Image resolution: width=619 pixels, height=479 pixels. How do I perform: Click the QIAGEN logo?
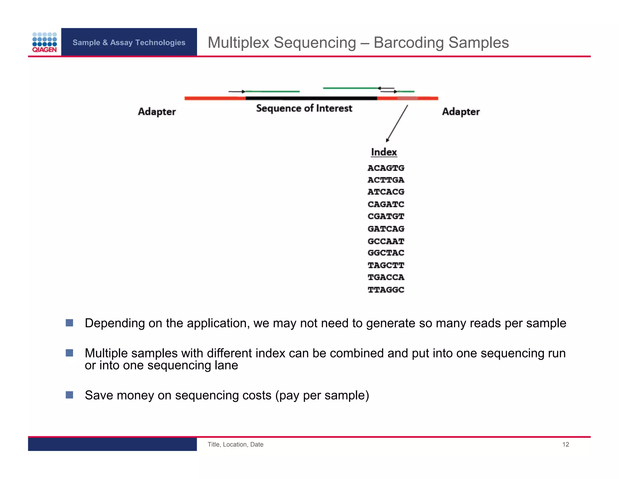(44, 42)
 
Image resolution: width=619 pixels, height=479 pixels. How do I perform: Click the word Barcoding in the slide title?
(409, 43)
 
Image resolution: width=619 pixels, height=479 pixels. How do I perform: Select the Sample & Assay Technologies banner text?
(129, 43)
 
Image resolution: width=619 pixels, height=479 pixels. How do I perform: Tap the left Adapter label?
(157, 112)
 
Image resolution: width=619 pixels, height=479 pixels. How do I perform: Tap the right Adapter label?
(461, 112)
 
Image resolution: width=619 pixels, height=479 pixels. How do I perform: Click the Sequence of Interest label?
(304, 108)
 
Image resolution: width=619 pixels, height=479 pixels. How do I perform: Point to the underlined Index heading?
(384, 152)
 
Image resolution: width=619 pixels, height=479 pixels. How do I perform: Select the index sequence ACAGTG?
(386, 168)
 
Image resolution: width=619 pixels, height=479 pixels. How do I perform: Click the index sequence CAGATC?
(386, 204)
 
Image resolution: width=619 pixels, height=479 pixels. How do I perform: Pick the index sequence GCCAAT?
(386, 241)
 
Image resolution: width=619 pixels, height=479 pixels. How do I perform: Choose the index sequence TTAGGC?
(386, 290)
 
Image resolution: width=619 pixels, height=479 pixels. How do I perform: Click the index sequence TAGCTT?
(386, 265)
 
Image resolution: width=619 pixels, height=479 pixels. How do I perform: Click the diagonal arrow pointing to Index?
(397, 124)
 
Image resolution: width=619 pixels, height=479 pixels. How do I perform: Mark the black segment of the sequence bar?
(311, 98)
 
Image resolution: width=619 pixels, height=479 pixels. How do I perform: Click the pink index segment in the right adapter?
(407, 98)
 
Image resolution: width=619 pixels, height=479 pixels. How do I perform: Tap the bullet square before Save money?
(70, 395)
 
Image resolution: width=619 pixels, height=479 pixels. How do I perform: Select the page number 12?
(566, 444)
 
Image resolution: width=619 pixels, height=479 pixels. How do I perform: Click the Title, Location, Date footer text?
(235, 444)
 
